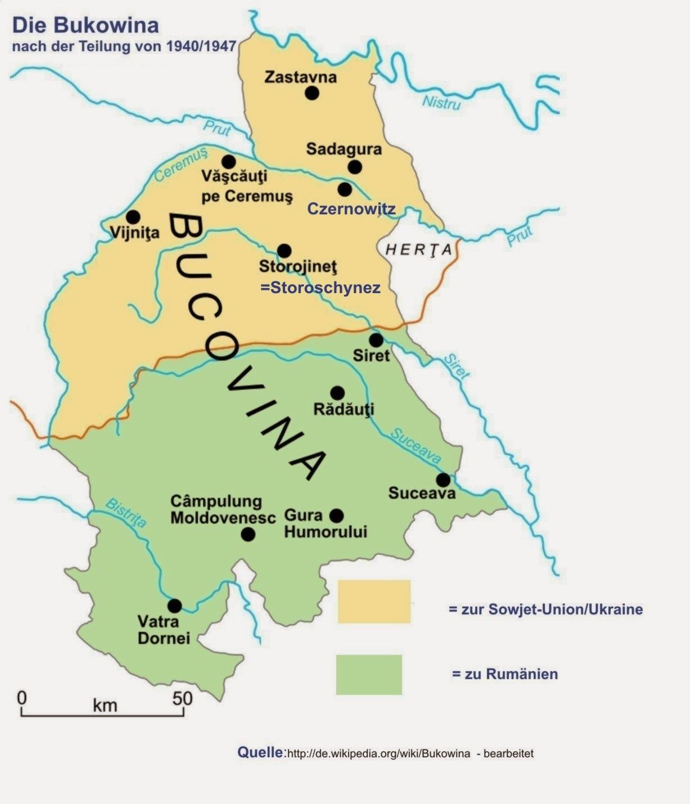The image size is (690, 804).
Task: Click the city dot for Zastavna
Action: point(312,93)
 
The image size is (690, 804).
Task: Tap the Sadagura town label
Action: point(344,149)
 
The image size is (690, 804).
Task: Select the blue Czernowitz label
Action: point(351,209)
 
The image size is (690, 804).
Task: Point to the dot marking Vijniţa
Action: point(133,217)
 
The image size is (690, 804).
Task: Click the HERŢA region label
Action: point(418,250)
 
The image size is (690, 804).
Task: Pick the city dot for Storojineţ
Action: point(285,250)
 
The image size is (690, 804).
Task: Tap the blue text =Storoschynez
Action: point(320,288)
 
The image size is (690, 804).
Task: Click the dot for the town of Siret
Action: point(376,340)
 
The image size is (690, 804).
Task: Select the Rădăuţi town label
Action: point(343,409)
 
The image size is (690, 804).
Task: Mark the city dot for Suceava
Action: point(443,480)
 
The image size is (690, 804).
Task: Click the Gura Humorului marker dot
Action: point(336,515)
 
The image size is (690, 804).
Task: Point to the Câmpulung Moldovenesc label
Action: point(223,509)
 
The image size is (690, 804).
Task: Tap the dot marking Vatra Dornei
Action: point(174,606)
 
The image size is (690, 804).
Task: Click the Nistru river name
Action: point(441,103)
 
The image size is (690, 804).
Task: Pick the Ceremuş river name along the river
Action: point(181,165)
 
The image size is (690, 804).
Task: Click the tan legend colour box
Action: point(374,601)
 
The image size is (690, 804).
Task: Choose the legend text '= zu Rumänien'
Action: point(504,674)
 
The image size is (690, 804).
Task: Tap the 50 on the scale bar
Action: point(182,699)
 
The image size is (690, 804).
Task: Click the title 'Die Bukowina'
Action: point(85,25)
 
